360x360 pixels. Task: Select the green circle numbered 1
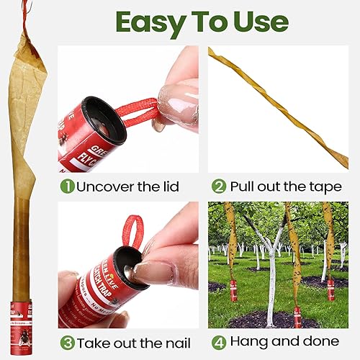coord(66,186)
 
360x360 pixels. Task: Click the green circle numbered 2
coord(219,186)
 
